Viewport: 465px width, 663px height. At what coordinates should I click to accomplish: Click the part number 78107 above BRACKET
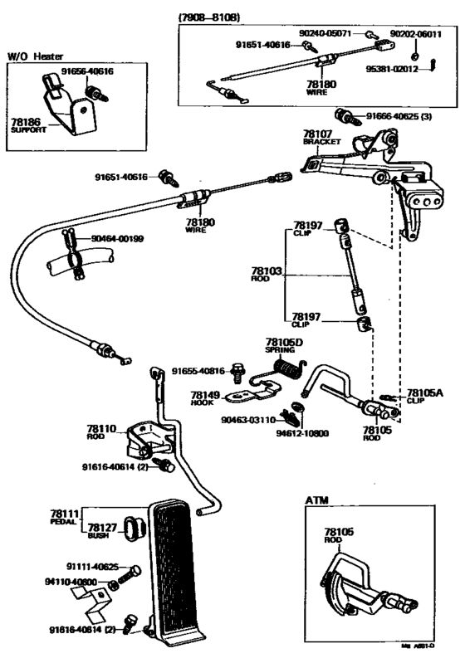(317, 134)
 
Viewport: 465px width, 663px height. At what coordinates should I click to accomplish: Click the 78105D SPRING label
(286, 344)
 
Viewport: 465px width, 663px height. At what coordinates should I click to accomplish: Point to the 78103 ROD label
(267, 274)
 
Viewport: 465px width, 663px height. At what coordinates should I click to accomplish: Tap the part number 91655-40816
(199, 371)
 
